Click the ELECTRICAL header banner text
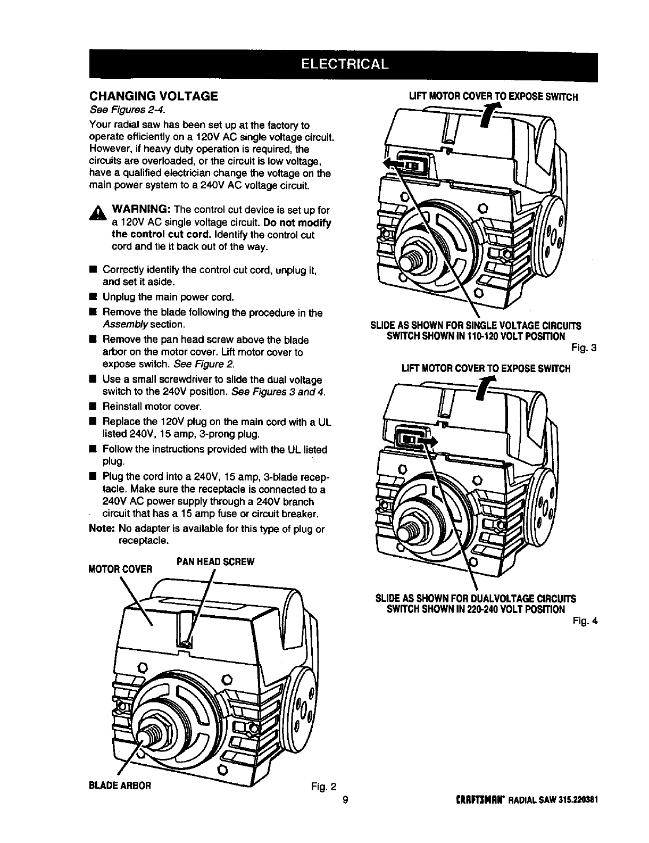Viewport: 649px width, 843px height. tap(344, 64)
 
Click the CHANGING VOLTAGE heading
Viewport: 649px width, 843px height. tap(153, 96)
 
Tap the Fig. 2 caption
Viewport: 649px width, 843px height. tap(324, 786)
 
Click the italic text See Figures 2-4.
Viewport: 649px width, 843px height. tap(127, 110)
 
